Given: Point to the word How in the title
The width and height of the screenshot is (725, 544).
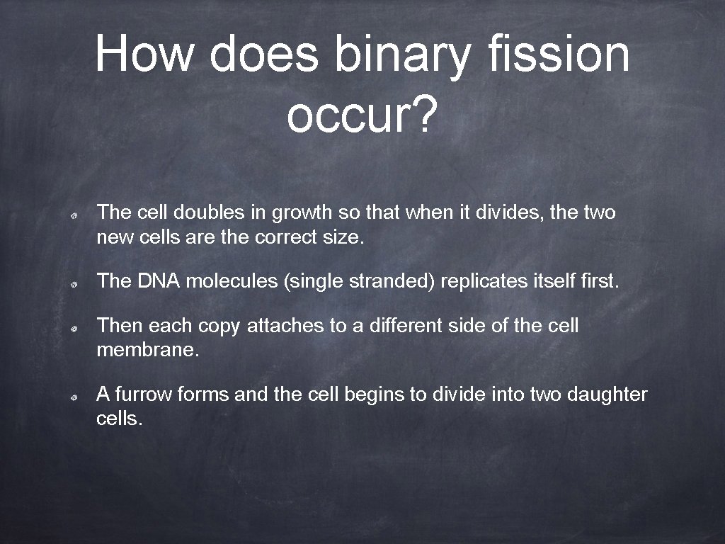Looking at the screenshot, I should point(144,55).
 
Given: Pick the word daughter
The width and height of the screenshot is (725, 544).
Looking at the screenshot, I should point(607,394).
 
